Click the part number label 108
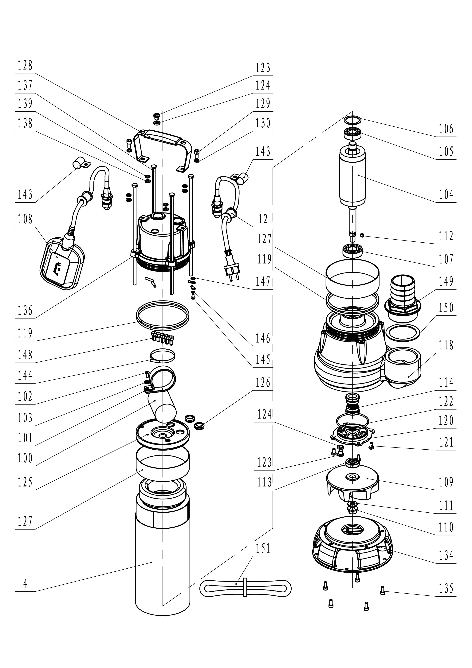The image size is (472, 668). click(x=25, y=219)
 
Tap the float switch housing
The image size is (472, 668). click(x=62, y=264)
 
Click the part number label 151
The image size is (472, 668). click(x=263, y=548)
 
